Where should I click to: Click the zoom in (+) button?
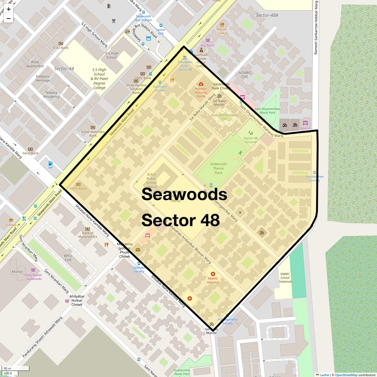click(8, 9)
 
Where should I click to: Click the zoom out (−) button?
click(8, 19)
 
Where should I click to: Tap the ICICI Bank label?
click(61, 48)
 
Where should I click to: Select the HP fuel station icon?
click(50, 163)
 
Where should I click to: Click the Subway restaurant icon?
click(11, 220)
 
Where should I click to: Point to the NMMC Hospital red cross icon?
click(213, 274)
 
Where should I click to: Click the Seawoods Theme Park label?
click(218, 168)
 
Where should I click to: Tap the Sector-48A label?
click(267, 15)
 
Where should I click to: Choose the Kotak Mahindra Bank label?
click(93, 134)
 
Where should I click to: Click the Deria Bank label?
click(30, 153)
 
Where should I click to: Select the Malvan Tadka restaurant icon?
click(222, 25)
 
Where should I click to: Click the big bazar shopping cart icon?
click(208, 40)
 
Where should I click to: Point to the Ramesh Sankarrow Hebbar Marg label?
click(316, 28)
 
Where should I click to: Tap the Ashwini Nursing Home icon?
click(201, 84)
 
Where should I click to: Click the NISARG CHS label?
click(245, 75)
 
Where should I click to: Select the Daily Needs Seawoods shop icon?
click(33, 270)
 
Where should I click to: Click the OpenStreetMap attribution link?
click(346, 375)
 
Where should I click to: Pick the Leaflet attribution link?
click(324, 375)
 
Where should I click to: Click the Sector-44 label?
click(64, 68)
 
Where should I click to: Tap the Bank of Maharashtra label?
click(88, 235)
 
